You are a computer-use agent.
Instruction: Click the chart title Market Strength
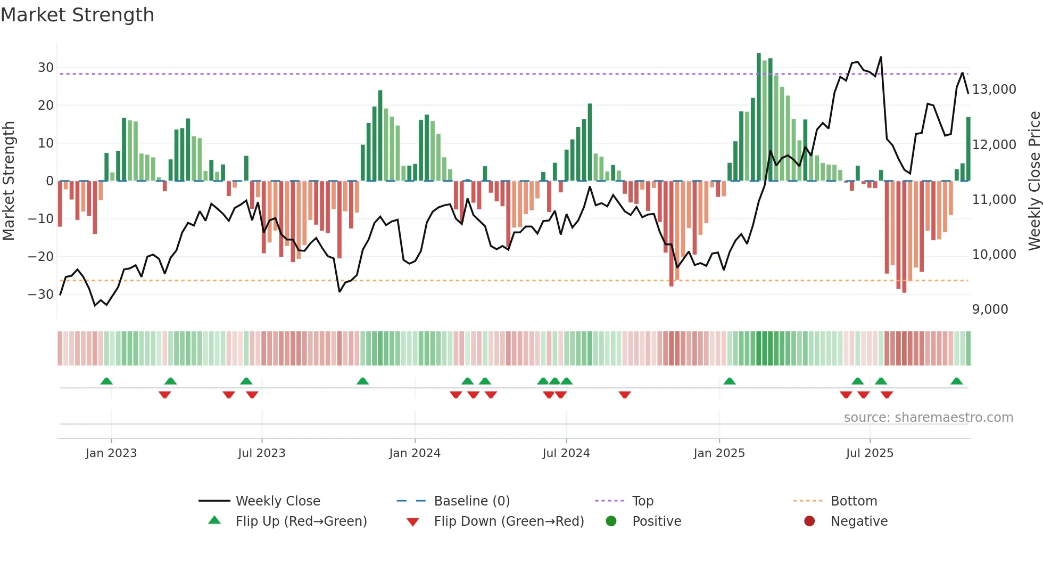click(77, 15)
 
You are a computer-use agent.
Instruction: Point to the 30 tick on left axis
click(46, 68)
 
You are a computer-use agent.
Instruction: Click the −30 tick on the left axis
click(42, 294)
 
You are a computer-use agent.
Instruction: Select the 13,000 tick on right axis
click(994, 89)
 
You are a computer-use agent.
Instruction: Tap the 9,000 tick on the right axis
click(990, 309)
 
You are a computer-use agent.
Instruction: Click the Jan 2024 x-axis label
click(415, 453)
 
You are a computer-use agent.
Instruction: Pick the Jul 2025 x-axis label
click(870, 453)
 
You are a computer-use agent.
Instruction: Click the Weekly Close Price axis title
click(1034, 181)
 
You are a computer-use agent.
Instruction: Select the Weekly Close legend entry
click(278, 501)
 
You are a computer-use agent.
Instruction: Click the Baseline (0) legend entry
click(471, 501)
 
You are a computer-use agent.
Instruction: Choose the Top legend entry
click(642, 501)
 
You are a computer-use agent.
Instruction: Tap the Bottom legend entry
click(854, 501)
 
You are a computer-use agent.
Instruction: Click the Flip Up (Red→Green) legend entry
click(301, 521)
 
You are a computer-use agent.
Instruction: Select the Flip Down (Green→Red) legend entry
click(509, 521)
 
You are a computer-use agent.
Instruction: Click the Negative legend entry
click(859, 521)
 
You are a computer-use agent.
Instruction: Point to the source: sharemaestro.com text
click(928, 418)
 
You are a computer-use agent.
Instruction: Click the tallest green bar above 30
click(759, 117)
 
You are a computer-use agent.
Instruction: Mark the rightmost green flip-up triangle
click(956, 381)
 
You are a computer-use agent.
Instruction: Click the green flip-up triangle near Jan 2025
click(730, 381)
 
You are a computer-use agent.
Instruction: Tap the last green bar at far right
click(968, 149)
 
